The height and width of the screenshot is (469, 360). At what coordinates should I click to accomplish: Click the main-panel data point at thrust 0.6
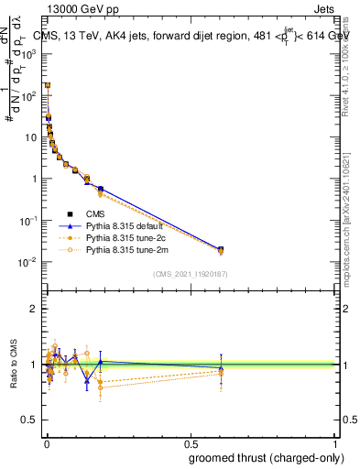coord(220,249)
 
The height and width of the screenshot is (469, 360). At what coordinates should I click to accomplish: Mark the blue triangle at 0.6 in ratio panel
coord(220,368)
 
